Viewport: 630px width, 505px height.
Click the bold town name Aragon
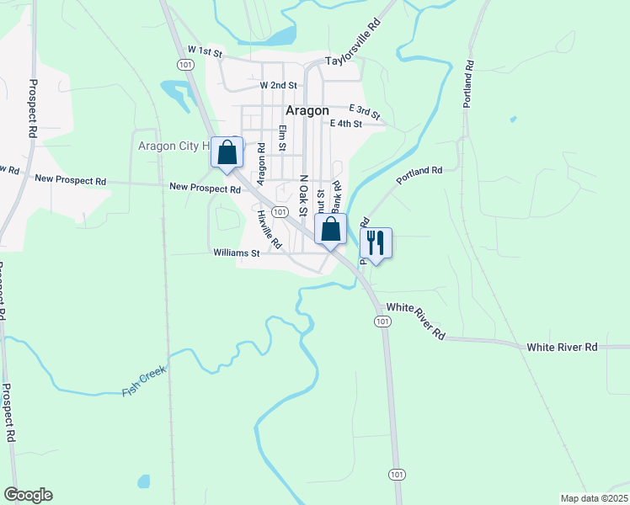(x=307, y=110)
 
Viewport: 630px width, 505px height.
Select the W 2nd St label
(x=279, y=86)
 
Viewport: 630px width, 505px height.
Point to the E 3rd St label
(x=365, y=110)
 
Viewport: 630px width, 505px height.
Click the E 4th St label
(x=345, y=124)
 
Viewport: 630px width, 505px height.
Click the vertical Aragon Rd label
(x=261, y=164)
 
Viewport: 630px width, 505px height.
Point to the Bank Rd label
(x=335, y=197)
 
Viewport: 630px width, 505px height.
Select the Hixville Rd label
(x=269, y=228)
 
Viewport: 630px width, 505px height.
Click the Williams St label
(x=236, y=252)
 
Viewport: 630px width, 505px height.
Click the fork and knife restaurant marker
(x=376, y=242)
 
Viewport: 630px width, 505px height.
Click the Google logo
(x=28, y=495)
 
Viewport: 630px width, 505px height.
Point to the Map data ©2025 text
(x=594, y=498)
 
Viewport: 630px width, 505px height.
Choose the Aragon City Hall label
(x=172, y=146)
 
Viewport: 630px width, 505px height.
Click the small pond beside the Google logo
(x=143, y=481)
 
